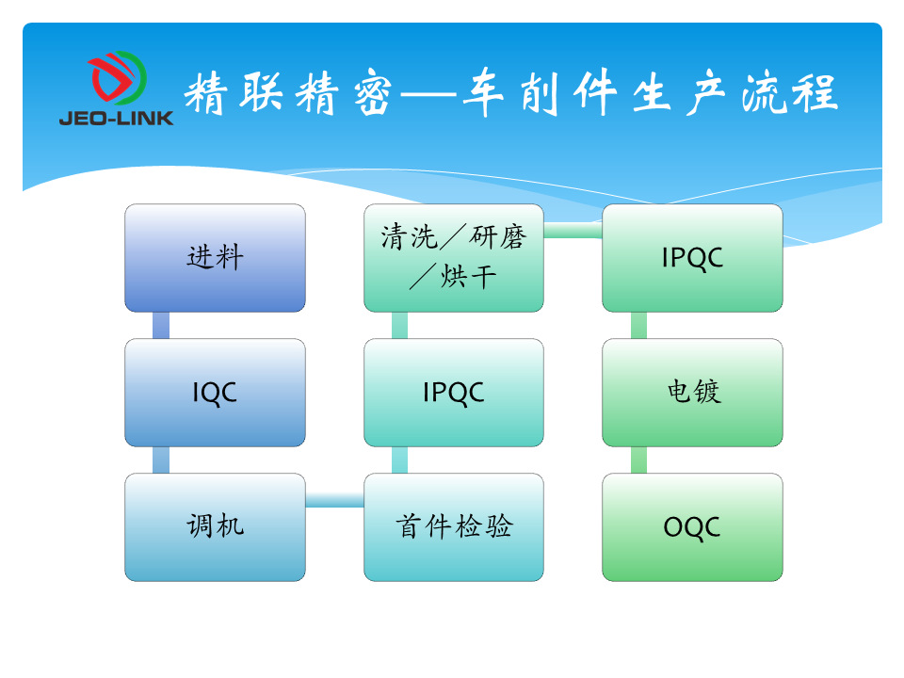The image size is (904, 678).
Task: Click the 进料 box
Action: pyautogui.click(x=215, y=258)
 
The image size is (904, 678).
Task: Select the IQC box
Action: pyautogui.click(x=215, y=393)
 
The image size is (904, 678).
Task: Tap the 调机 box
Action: pyautogui.click(x=215, y=527)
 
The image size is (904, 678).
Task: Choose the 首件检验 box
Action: pyautogui.click(x=454, y=527)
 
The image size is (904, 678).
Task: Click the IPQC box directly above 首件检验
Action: pyautogui.click(x=454, y=393)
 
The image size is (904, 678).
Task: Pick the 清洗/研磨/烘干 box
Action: pyautogui.click(x=454, y=258)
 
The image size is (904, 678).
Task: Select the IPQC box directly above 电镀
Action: pyautogui.click(x=692, y=258)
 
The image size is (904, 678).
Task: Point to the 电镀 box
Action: pyautogui.click(x=692, y=393)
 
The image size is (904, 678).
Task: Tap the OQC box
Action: pyautogui.click(x=692, y=527)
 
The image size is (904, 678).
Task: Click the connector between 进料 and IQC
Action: pyautogui.click(x=161, y=325)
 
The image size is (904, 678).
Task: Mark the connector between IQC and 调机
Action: pyautogui.click(x=161, y=460)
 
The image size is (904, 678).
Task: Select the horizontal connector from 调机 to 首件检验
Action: pyautogui.click(x=335, y=500)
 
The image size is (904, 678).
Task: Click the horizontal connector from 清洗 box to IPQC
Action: pyautogui.click(x=573, y=231)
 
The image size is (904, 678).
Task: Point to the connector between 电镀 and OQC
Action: pyautogui.click(x=638, y=460)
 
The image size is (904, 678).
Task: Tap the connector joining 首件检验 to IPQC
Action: pyautogui.click(x=399, y=460)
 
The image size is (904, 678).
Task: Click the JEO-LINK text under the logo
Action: pyautogui.click(x=116, y=119)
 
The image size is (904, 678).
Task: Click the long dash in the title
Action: pyautogui.click(x=428, y=93)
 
